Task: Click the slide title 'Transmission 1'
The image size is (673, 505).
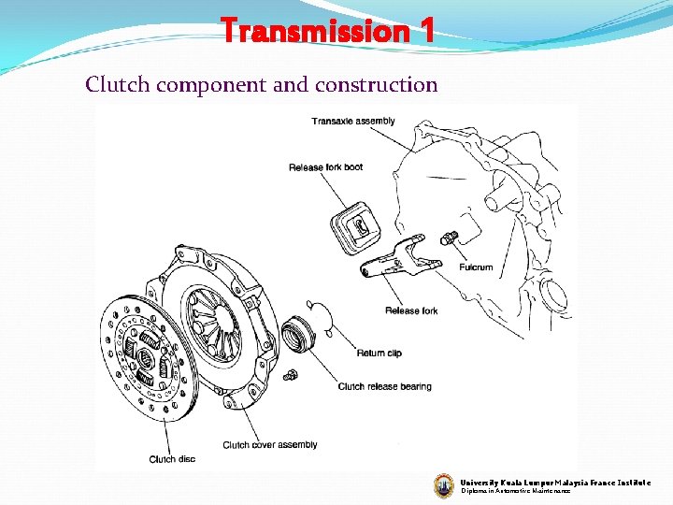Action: coord(328,31)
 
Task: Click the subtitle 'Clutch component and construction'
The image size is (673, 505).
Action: coord(261,85)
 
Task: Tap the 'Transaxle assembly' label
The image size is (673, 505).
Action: coord(352,121)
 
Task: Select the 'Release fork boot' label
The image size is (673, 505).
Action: coord(325,167)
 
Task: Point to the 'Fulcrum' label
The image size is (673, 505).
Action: coord(476,267)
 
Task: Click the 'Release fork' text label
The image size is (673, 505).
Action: coord(410,310)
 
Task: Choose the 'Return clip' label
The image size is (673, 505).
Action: coord(379,353)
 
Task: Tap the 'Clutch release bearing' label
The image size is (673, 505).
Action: coord(384,386)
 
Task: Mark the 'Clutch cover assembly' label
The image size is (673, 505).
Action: coord(270,444)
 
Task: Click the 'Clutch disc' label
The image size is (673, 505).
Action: coord(172,459)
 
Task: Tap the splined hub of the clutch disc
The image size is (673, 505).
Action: coord(148,358)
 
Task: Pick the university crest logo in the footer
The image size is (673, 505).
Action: coord(444,484)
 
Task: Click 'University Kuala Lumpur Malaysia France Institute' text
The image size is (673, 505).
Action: coord(555,483)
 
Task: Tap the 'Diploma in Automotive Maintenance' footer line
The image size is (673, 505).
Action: coord(515,492)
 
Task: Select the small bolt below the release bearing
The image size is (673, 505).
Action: coord(291,375)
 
